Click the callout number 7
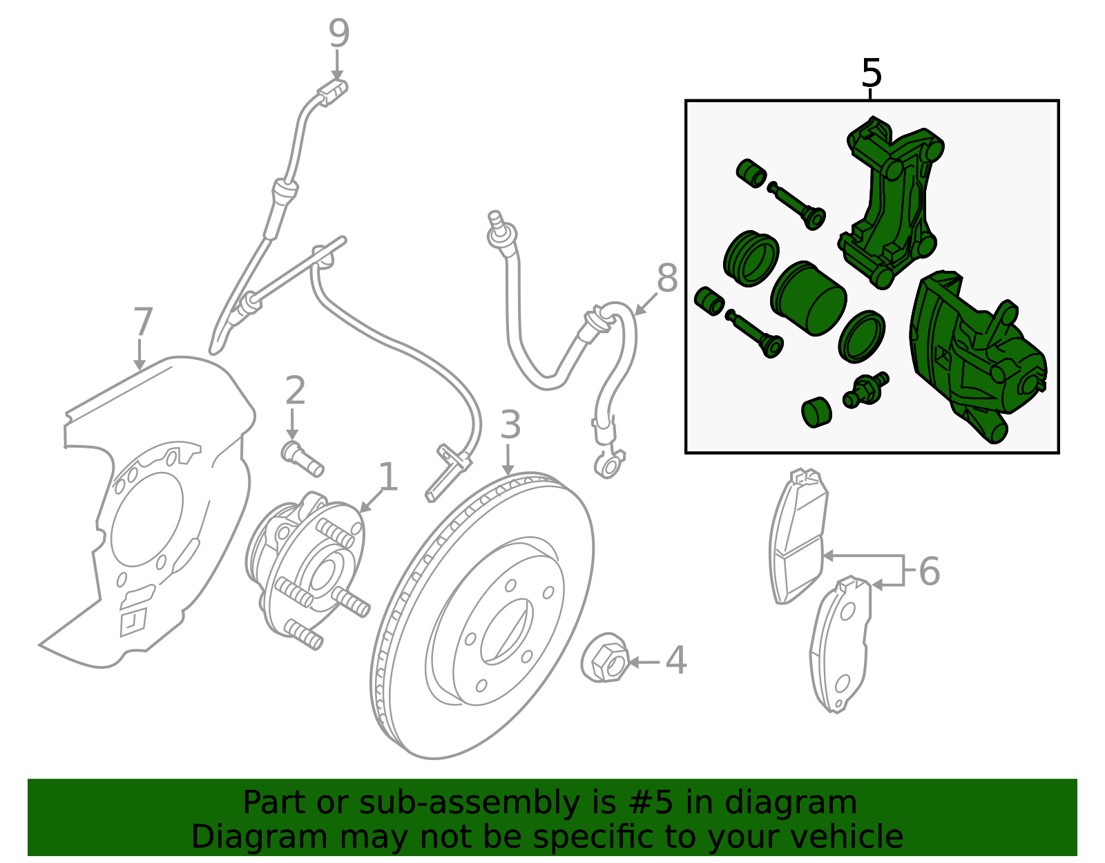tap(142, 322)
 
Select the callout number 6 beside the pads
tap(929, 571)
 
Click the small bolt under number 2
tap(302, 459)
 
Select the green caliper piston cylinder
tap(808, 298)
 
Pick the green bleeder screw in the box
tap(865, 390)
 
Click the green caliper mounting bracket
tap(891, 200)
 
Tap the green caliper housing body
tap(974, 352)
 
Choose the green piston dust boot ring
tap(751, 258)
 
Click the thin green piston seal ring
tap(862, 336)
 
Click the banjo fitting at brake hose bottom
tap(608, 465)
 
